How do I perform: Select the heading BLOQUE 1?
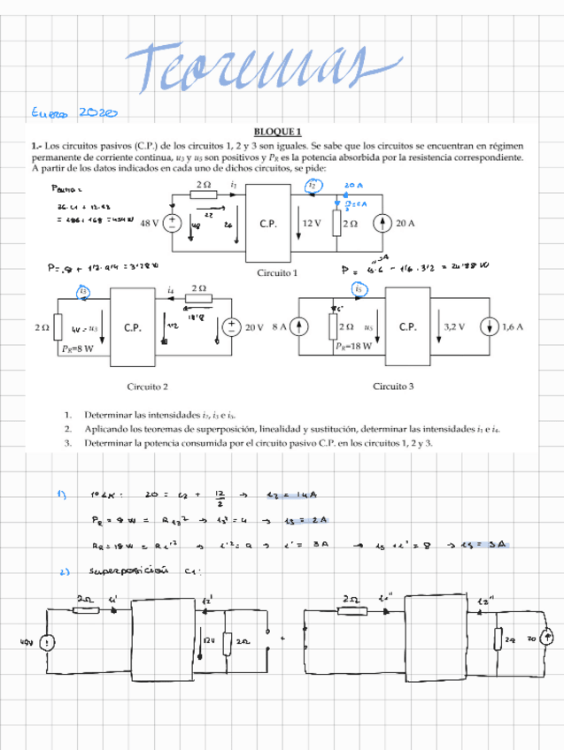278,132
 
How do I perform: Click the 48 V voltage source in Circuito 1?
174,224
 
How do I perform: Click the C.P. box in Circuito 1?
269,224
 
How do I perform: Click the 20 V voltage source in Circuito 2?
233,327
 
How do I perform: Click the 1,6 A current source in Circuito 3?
490,327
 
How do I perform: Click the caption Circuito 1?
277,273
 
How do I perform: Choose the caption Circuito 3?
393,386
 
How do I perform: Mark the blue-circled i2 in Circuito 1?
312,186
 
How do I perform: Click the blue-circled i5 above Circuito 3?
359,288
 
